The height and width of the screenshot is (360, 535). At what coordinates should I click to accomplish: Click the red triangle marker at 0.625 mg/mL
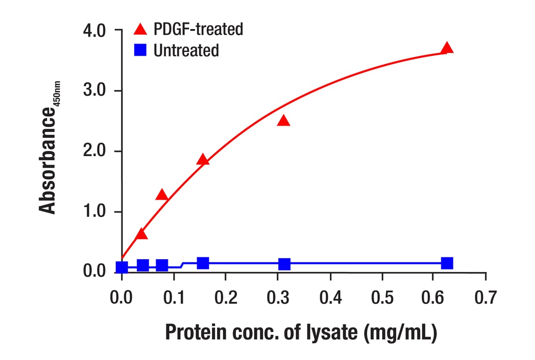pos(447,48)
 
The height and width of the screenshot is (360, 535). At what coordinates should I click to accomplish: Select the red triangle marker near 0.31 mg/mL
pos(283,121)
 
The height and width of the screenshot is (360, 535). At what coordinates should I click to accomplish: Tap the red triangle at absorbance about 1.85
pos(203,160)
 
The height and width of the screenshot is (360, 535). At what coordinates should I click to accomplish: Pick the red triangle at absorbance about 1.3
pos(162,195)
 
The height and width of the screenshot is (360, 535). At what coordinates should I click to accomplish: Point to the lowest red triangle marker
pos(141,234)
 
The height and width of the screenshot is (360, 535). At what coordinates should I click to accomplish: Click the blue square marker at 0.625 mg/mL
pos(447,263)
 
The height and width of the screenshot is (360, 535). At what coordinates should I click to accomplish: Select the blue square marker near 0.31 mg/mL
pos(284,264)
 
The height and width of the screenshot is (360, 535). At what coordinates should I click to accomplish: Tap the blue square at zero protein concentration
pos(122,268)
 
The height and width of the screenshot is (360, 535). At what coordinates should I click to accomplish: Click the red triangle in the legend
pos(140,30)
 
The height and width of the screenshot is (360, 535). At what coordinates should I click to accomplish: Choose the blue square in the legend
pos(140,50)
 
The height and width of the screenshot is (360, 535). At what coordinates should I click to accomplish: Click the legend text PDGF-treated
pos(198,30)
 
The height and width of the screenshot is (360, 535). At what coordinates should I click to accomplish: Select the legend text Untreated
pos(186,50)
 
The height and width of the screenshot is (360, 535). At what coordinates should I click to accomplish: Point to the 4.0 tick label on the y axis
pos(95,31)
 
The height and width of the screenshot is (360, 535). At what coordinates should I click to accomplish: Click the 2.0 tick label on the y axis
pos(95,152)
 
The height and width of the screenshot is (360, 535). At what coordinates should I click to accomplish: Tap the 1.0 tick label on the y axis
pos(95,212)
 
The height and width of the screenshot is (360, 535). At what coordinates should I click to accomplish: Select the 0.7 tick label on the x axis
pos(485,297)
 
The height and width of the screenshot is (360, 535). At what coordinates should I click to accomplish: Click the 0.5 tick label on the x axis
pos(382,297)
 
